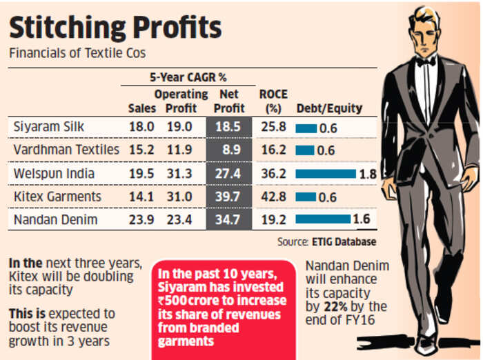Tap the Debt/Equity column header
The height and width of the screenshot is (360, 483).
[328, 108]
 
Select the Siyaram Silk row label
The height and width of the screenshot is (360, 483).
[46, 127]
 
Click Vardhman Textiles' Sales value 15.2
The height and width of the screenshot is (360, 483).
[141, 150]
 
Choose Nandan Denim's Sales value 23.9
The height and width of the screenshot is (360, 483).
[141, 219]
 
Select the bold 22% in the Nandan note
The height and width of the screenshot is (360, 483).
[345, 306]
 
